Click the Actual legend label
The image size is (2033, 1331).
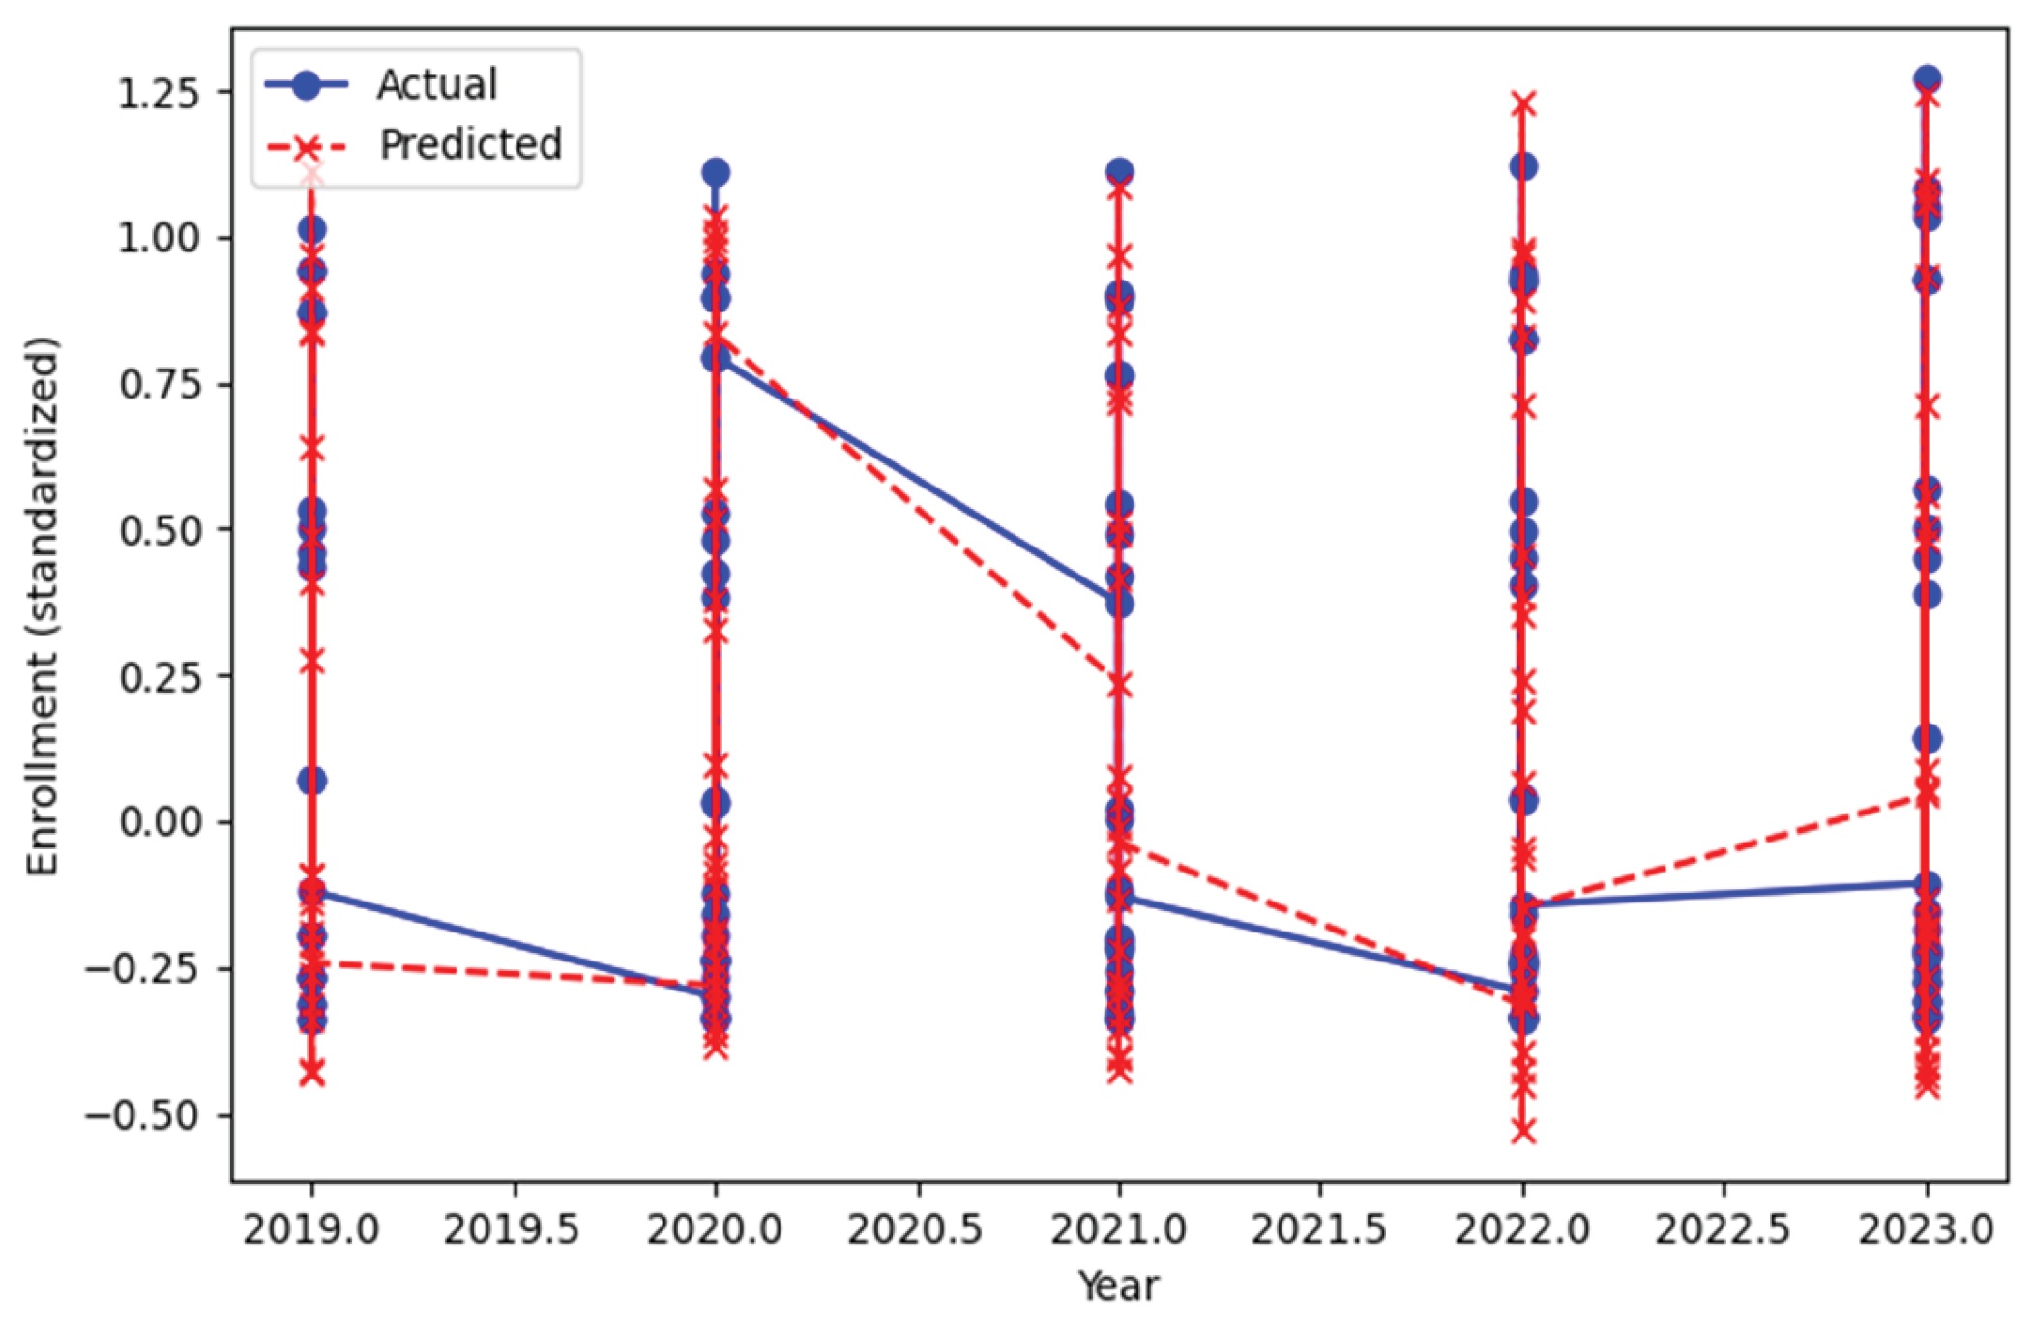[x=437, y=85]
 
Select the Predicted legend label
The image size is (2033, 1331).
[x=470, y=145]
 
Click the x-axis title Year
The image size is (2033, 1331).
[x=1118, y=1287]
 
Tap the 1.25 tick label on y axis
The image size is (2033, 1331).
[x=158, y=94]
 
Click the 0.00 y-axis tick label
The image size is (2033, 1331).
[x=160, y=823]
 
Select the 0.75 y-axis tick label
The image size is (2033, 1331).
[x=160, y=385]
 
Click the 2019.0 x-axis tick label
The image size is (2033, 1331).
[x=310, y=1230]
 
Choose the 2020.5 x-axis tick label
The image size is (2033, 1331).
[x=915, y=1230]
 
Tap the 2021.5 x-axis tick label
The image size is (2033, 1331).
[x=1319, y=1230]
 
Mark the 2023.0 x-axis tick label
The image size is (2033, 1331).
[x=1926, y=1230]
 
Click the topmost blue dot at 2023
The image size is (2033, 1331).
[x=1927, y=79]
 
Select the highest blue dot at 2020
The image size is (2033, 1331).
[x=716, y=173]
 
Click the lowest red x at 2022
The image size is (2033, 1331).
[x=1523, y=1130]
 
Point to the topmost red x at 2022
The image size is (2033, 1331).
[x=1523, y=104]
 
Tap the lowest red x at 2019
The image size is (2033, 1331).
[x=311, y=1073]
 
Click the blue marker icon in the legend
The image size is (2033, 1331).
[x=306, y=85]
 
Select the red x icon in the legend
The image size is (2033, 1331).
[x=306, y=147]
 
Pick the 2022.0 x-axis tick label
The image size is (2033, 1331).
[x=1522, y=1230]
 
